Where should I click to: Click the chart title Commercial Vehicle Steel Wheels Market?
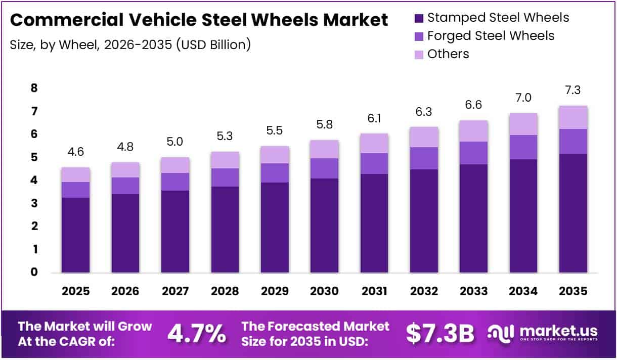pyautogui.click(x=199, y=20)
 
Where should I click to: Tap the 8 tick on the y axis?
pyautogui.click(x=34, y=88)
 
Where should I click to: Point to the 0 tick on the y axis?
pyautogui.click(x=34, y=273)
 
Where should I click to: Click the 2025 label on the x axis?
pyautogui.click(x=75, y=292)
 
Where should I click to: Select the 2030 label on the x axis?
pyautogui.click(x=324, y=292)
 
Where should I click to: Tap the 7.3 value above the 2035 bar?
pyautogui.click(x=573, y=91)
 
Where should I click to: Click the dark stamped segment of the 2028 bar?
pyautogui.click(x=225, y=230)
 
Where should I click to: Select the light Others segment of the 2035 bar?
pyautogui.click(x=573, y=117)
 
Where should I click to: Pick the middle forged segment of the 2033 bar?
pyautogui.click(x=473, y=153)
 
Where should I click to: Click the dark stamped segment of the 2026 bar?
pyautogui.click(x=125, y=234)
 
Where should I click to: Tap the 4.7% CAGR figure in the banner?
pyautogui.click(x=196, y=334)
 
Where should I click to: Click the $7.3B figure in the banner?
pyautogui.click(x=440, y=334)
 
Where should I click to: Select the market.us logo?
pyautogui.click(x=543, y=333)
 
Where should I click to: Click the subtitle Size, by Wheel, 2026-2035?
pyautogui.click(x=130, y=44)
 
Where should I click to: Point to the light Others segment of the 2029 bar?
pyautogui.click(x=274, y=155)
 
